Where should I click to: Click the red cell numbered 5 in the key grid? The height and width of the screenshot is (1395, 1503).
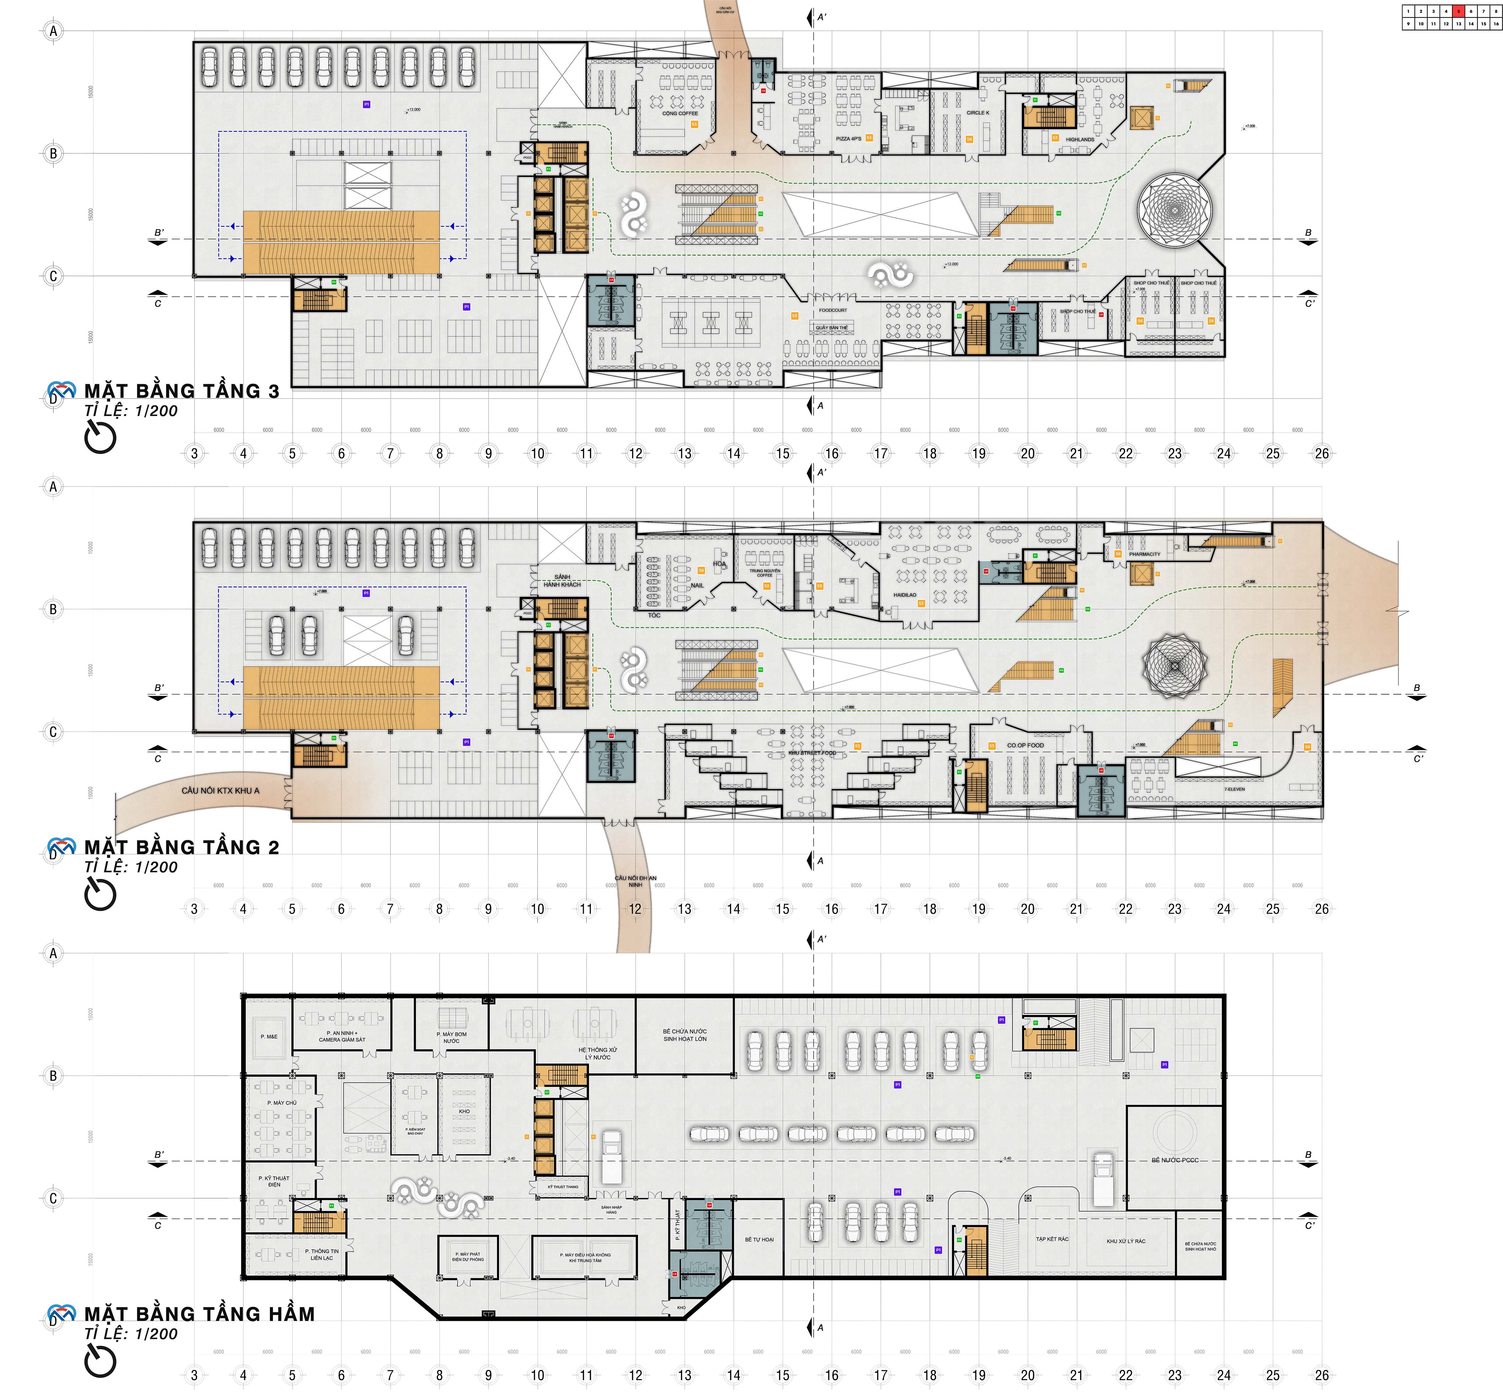(x=1458, y=11)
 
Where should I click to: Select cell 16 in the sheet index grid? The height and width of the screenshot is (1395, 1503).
(x=1495, y=24)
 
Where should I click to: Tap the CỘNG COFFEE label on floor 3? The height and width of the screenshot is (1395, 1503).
(x=679, y=113)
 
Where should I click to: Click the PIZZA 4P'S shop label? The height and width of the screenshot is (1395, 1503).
(x=848, y=139)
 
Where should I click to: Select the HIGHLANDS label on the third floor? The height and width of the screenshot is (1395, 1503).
(x=1080, y=140)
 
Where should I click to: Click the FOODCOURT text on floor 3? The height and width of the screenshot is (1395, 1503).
(x=833, y=310)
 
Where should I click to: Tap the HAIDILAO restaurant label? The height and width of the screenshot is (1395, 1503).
(x=904, y=595)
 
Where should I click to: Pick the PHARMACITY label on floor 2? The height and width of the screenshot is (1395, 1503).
(x=1144, y=554)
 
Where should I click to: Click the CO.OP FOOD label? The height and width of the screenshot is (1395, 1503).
(x=1025, y=745)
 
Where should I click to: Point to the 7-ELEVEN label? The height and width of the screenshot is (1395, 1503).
(x=1234, y=789)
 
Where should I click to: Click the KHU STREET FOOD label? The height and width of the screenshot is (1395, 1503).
(x=812, y=753)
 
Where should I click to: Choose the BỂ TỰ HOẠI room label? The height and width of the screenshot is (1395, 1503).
(x=759, y=1240)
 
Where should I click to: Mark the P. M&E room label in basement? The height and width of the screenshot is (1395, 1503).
(x=269, y=1036)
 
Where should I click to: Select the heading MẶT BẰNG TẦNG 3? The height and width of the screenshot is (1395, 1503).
(x=181, y=391)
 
